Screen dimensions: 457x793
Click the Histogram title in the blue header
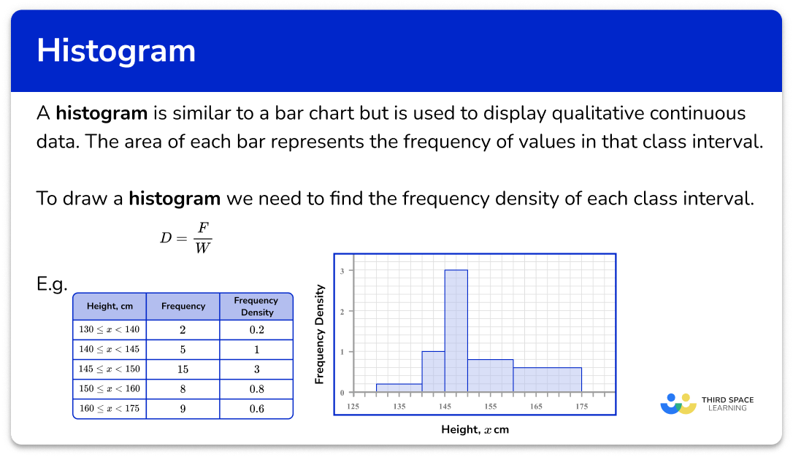pos(116,51)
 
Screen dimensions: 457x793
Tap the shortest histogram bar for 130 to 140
pos(399,388)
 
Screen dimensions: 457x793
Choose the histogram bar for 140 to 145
pos(433,372)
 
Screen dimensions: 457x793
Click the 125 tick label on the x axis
pos(354,405)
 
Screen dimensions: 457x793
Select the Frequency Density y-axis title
pos(319,334)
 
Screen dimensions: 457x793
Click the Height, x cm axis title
pos(475,429)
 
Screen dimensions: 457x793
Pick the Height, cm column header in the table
pos(110,306)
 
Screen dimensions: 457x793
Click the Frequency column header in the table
pos(183,306)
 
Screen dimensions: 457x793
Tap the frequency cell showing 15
pos(183,369)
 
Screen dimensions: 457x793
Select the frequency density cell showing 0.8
pos(256,389)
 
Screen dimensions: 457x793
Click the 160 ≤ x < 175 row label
pos(110,409)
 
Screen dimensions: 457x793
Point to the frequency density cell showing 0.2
pos(256,330)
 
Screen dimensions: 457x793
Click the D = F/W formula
pos(185,237)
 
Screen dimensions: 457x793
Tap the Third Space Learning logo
pos(707,404)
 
